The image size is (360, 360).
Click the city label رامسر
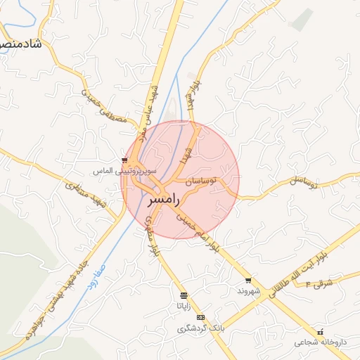[165, 200]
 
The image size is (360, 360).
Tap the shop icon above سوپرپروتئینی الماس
[125, 160]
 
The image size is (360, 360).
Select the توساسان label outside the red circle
[305, 182]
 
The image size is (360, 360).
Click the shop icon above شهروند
[248, 280]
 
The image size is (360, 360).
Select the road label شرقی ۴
[321, 283]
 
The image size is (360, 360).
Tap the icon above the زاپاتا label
[184, 295]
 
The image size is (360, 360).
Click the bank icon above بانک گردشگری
[202, 318]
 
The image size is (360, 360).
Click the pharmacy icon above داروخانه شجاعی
[321, 332]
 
